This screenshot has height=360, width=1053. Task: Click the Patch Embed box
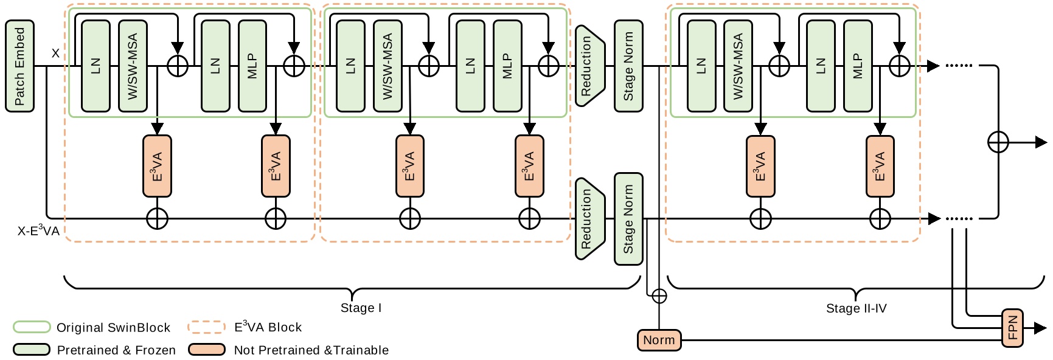click(19, 66)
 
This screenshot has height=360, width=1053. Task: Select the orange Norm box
click(659, 340)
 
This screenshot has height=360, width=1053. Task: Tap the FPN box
click(1012, 328)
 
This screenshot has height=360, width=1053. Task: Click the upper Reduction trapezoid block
click(589, 66)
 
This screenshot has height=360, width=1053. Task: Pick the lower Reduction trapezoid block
click(589, 218)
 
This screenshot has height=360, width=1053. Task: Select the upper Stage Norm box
click(628, 66)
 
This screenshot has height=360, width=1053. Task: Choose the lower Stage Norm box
click(628, 219)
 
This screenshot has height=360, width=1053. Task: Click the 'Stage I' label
click(361, 308)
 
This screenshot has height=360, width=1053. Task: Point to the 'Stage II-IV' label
click(856, 308)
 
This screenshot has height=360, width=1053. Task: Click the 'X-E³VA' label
click(38, 231)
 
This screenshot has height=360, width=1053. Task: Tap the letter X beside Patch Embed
click(55, 54)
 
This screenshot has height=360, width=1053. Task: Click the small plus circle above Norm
click(659, 296)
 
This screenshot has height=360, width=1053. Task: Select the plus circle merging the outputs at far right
click(998, 142)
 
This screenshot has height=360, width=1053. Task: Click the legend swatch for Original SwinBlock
click(32, 327)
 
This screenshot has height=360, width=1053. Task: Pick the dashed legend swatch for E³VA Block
click(207, 327)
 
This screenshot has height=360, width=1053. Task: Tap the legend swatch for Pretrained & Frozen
click(32, 350)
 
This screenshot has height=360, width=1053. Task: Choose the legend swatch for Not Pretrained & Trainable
click(207, 350)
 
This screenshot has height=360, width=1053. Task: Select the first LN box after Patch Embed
click(96, 66)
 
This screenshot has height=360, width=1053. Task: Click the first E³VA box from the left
click(157, 166)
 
